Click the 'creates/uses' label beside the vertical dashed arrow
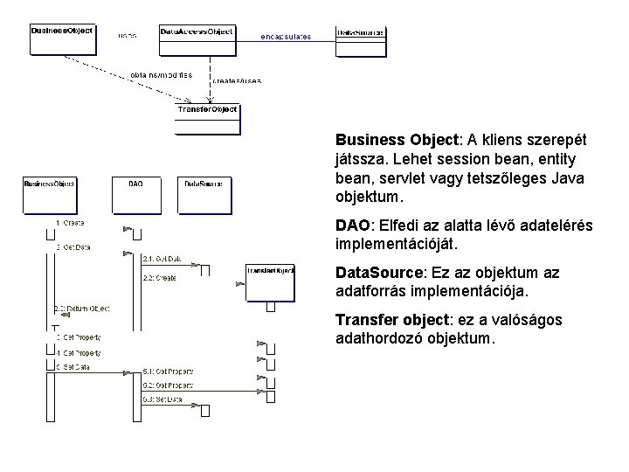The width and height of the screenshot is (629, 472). [237, 80]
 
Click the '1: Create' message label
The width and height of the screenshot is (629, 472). [70, 224]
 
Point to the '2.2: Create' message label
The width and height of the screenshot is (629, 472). [159, 278]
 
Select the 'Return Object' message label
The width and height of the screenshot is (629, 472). [84, 309]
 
